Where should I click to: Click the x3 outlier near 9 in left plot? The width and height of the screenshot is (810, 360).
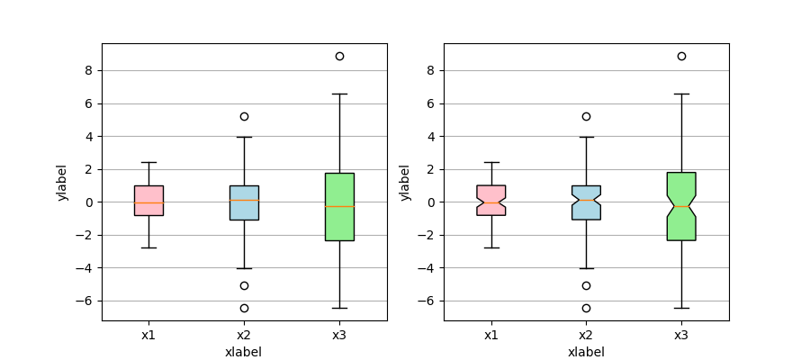point(339,56)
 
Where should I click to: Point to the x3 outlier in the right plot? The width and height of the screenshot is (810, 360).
point(681,56)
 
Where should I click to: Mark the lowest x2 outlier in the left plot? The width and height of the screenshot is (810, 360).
point(244,308)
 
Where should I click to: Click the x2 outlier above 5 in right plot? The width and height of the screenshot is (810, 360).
point(586,116)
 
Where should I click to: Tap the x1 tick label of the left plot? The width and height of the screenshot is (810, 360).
point(148,336)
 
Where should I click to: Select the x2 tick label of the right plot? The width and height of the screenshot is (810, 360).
point(586,336)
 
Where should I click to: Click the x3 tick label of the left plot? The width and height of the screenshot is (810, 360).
point(339,336)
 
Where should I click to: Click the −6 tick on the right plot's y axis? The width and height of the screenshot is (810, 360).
point(429,301)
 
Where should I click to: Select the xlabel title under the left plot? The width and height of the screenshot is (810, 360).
point(244,352)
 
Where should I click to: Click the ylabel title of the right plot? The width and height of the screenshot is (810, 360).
point(405,182)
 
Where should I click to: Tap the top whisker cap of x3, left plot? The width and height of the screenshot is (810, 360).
point(339,94)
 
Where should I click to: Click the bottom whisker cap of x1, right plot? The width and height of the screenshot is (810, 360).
point(491,247)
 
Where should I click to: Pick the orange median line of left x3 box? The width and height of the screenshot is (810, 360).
point(339,206)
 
